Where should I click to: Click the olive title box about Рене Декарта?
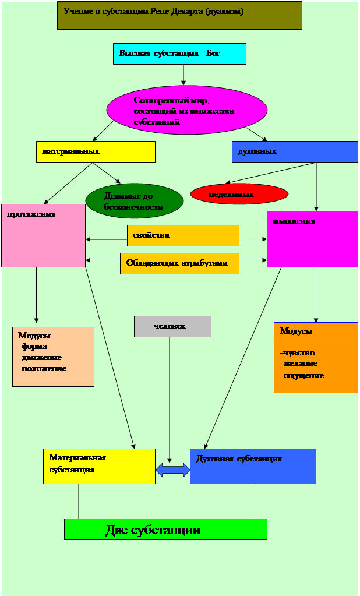pos(179,15)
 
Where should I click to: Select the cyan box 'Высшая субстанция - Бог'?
pos(179,54)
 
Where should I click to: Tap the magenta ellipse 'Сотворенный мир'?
pos(186,110)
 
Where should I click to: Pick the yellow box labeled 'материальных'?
pos(96,151)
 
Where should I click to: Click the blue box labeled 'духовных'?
pos(295,151)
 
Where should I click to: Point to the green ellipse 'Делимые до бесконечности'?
pos(135,201)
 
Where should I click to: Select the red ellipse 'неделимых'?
pos(239,194)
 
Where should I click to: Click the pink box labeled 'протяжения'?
pos(43,236)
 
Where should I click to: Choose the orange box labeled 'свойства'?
pos(183,236)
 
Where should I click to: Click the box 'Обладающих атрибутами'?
pos(179,263)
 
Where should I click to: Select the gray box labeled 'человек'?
pos(172,326)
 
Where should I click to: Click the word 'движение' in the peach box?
pos(40,358)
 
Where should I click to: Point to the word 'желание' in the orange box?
pos(299,364)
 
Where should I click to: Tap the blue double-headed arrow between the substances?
pos(172,470)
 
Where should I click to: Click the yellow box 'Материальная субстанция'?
pos(99,467)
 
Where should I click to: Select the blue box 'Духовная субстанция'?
pos(253,467)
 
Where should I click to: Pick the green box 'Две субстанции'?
pos(165,529)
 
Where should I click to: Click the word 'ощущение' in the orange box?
pos(302,376)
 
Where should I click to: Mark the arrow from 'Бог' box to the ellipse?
pos(183,75)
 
